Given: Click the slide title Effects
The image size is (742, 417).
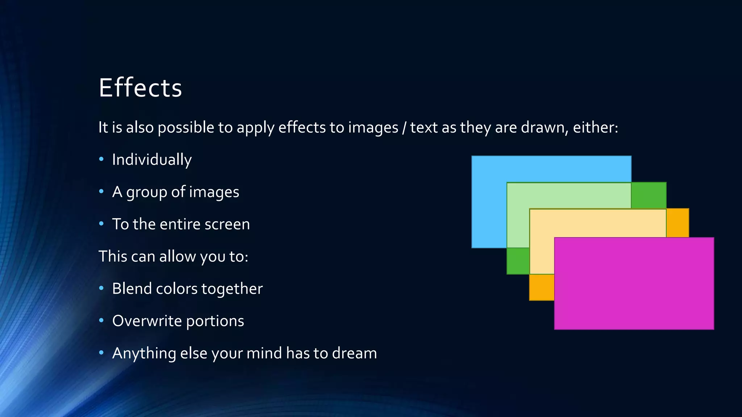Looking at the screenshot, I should click(x=140, y=88).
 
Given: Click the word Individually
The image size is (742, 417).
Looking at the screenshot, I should click(x=152, y=160).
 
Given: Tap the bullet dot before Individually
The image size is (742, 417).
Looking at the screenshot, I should click(x=101, y=159).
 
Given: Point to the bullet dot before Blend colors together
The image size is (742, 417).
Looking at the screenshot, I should click(x=101, y=288).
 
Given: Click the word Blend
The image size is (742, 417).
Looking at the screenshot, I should click(x=132, y=288).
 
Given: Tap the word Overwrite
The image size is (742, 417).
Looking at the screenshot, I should click(x=147, y=321).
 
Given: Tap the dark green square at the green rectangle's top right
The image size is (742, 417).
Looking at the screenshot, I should click(x=649, y=195).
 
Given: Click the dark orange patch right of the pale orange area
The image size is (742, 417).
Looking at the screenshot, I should click(x=678, y=223).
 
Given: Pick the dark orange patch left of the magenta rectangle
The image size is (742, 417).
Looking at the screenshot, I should click(x=542, y=287).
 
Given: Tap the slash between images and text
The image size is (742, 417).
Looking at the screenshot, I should click(x=404, y=128).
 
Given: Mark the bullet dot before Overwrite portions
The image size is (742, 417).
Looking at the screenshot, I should click(x=101, y=320).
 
